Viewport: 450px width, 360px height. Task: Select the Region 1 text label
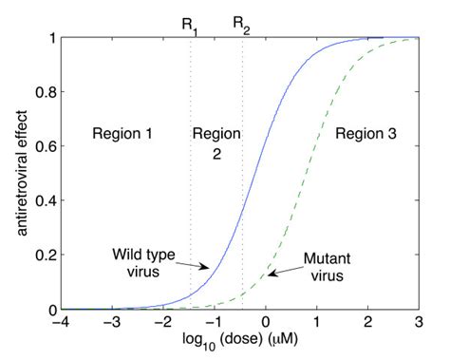pos(122,134)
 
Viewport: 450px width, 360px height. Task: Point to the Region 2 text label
pos(216,143)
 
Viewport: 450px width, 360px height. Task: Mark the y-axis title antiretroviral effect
pos(16,174)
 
